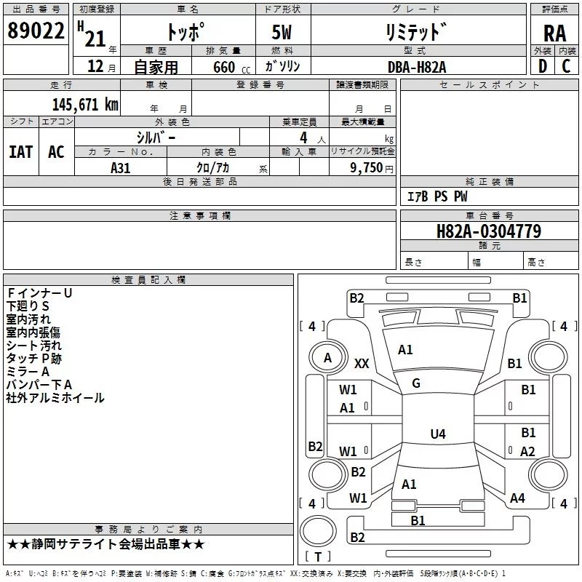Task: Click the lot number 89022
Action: click(35, 31)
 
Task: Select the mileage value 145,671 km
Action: click(85, 105)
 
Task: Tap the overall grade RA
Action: click(554, 33)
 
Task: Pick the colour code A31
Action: click(121, 167)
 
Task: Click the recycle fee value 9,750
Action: click(362, 167)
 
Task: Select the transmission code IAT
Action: click(20, 152)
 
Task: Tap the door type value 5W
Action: click(282, 33)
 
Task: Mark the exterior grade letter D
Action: click(542, 66)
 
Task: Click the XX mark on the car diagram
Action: click(362, 363)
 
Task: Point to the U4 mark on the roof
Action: click(437, 434)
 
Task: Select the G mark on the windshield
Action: click(416, 383)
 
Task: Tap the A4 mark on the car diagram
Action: click(517, 498)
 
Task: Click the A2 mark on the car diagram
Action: click(528, 452)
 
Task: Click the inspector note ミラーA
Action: click(28, 372)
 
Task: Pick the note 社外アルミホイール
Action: click(55, 398)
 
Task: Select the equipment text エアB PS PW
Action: click(436, 197)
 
